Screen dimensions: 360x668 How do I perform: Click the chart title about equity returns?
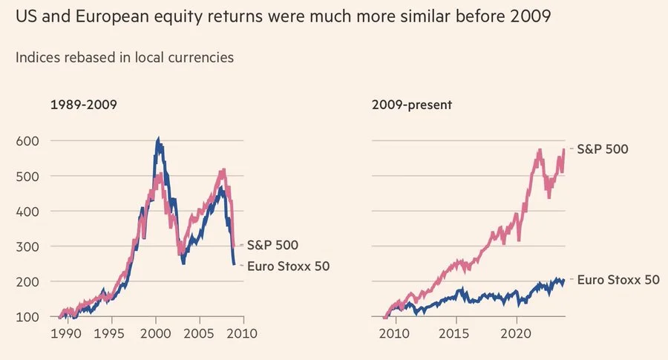(x=283, y=16)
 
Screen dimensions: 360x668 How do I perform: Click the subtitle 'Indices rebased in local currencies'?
(x=125, y=57)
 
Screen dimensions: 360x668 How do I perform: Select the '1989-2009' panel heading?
(x=83, y=105)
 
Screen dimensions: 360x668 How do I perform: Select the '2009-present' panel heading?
(x=412, y=105)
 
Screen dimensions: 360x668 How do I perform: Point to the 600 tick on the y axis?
(x=28, y=140)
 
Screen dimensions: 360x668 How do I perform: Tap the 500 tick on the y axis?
(x=28, y=176)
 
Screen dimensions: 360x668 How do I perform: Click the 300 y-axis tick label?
(x=28, y=246)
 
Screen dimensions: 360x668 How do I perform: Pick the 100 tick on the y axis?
(x=28, y=317)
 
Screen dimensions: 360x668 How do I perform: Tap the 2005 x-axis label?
(x=199, y=333)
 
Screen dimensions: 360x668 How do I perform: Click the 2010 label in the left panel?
(x=242, y=333)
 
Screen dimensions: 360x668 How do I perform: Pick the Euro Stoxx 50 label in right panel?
(x=618, y=280)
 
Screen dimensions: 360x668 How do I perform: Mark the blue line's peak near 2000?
(x=157, y=139)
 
